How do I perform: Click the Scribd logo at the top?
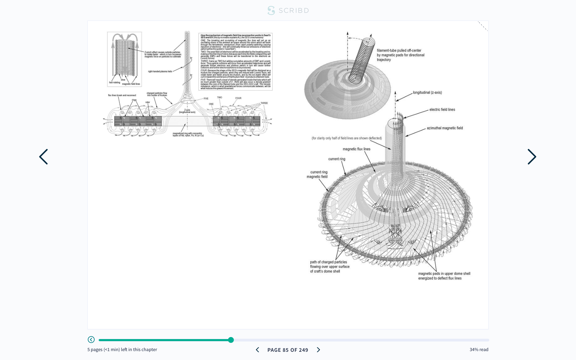(288, 11)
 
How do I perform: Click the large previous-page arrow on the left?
(44, 157)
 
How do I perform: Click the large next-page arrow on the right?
(532, 157)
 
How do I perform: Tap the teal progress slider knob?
(231, 340)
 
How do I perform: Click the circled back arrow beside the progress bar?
(91, 339)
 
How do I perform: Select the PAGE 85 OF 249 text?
(288, 350)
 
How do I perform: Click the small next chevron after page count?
(319, 350)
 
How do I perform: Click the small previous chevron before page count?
(257, 350)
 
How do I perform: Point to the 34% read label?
(479, 350)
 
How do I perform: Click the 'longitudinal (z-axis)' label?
(427, 93)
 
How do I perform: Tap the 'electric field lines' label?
(442, 110)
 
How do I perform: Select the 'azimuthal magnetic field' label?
(445, 128)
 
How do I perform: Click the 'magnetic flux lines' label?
(357, 149)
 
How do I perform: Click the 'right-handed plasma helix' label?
(160, 72)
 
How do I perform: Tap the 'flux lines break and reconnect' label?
(122, 95)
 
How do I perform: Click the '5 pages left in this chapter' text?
(122, 350)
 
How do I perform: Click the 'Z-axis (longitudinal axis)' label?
(187, 111)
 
